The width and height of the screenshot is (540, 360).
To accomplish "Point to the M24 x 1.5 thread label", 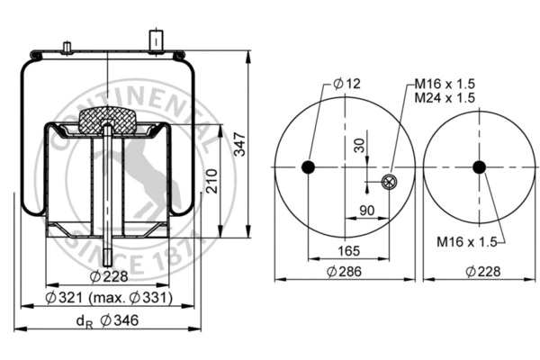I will click(445, 96).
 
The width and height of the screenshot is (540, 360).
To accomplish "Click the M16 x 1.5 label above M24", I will click(445, 84).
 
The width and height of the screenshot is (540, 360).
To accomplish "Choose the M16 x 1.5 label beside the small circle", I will click(466, 241).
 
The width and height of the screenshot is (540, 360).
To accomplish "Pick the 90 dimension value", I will click(367, 211).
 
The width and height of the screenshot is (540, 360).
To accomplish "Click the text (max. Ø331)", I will click(139, 297).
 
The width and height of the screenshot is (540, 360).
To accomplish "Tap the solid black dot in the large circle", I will click(308, 167).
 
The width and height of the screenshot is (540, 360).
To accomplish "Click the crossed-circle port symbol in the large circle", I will click(388, 183).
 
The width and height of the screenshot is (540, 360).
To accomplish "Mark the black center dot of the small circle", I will click(479, 167).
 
